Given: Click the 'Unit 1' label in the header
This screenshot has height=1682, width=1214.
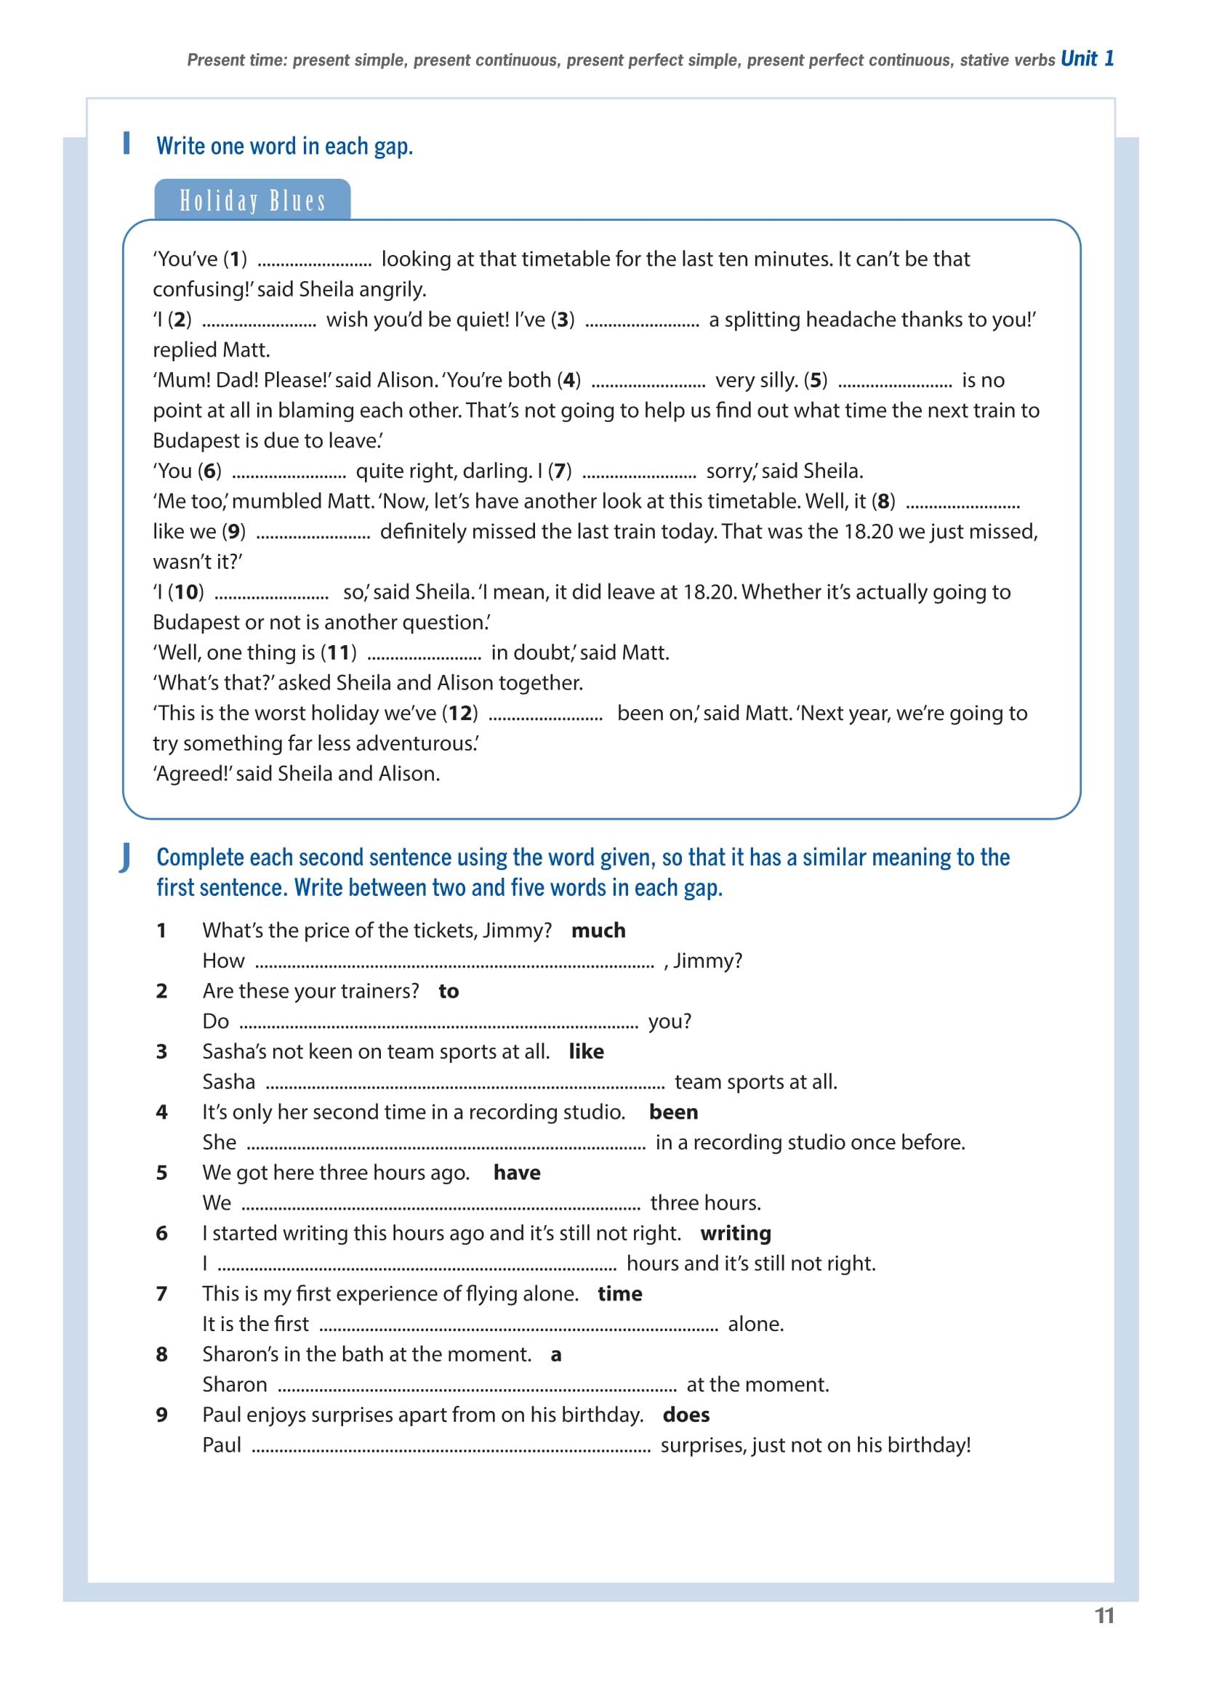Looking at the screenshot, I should click(1086, 59).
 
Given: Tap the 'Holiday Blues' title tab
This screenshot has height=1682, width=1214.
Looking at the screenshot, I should click(252, 201).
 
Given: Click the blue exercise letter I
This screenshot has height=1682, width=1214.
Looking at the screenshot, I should click(127, 142).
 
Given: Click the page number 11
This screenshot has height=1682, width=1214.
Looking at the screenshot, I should click(1104, 1615).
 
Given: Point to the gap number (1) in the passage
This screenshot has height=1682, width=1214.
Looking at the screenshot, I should click(236, 259).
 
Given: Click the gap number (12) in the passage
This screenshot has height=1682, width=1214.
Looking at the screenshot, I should click(460, 713).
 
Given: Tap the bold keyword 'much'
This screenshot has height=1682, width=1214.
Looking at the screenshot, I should click(598, 930).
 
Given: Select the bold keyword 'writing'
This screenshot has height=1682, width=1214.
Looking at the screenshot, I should click(736, 1232).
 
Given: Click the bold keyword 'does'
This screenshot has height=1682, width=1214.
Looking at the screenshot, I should click(686, 1415).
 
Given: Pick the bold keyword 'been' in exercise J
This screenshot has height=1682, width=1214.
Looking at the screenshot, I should click(673, 1112).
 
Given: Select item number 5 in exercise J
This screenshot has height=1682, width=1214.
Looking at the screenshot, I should click(162, 1173).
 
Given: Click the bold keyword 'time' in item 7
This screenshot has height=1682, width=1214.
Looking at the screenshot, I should click(619, 1293).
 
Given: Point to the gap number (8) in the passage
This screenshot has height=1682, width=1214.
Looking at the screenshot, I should click(883, 501).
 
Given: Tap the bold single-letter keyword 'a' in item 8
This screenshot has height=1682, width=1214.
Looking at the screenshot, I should click(556, 1355).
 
